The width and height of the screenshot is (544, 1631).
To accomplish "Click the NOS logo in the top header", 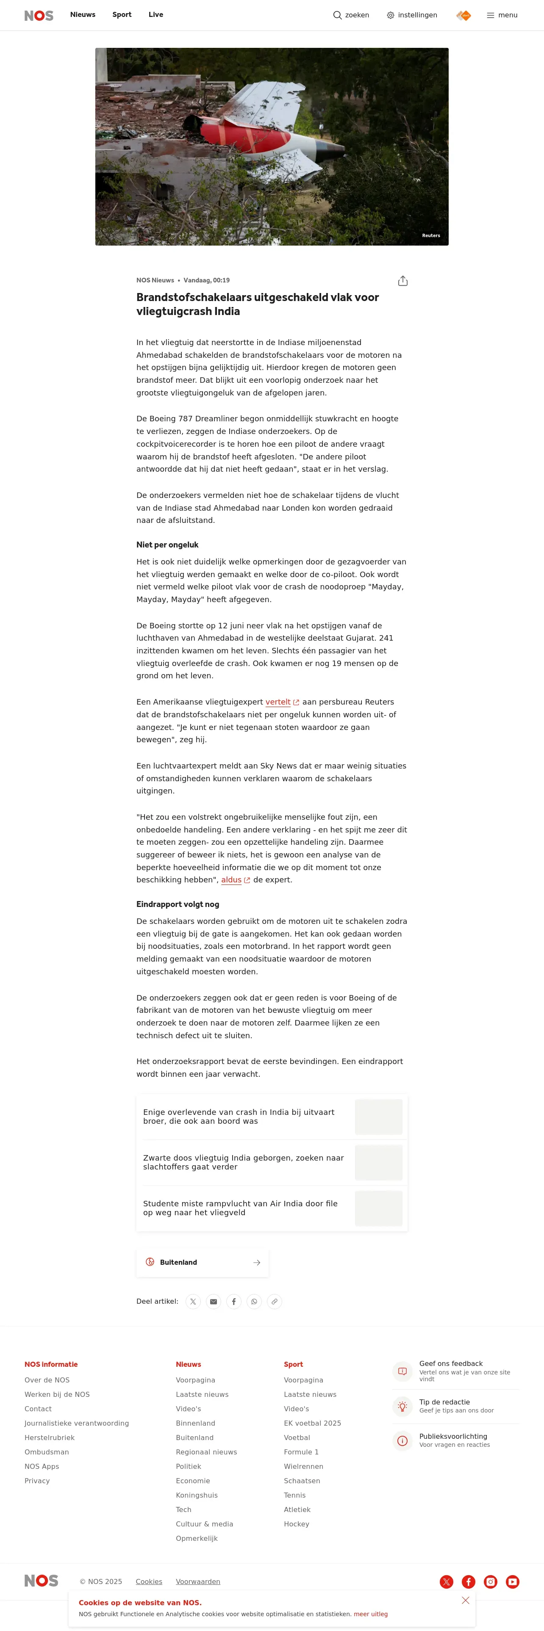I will point(39,15).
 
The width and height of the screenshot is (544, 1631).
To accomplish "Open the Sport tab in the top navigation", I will point(122,14).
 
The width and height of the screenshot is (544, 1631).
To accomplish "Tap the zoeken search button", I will point(351,15).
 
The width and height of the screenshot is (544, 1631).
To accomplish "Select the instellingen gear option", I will point(412,15).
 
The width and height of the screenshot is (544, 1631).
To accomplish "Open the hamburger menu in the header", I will point(502,15).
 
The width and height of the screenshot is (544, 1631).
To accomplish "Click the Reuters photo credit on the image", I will point(430,235).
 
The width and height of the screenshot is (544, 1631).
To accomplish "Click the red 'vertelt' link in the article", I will point(278,702).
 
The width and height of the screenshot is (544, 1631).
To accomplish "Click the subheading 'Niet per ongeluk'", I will point(167,545).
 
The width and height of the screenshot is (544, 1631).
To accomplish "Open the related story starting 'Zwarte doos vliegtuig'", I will point(243,1162).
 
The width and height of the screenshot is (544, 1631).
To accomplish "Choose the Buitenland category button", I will point(202,1263).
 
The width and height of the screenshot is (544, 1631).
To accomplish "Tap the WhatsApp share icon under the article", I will point(254,1302).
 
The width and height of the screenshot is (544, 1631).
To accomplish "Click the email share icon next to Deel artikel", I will point(214,1302).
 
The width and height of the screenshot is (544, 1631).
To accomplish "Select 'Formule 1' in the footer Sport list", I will point(301,1452).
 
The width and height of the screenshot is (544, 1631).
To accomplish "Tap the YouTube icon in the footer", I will point(512,1581).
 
